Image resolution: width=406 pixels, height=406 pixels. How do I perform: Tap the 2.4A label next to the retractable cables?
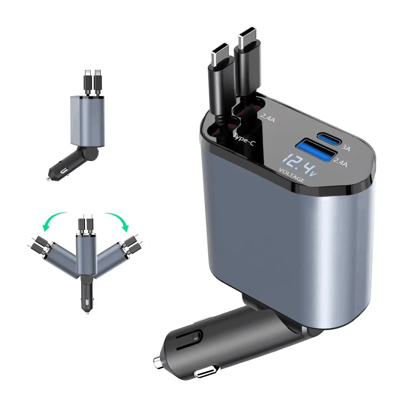click(x=267, y=117)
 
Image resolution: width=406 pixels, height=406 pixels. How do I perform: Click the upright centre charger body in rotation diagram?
click(x=86, y=254)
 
